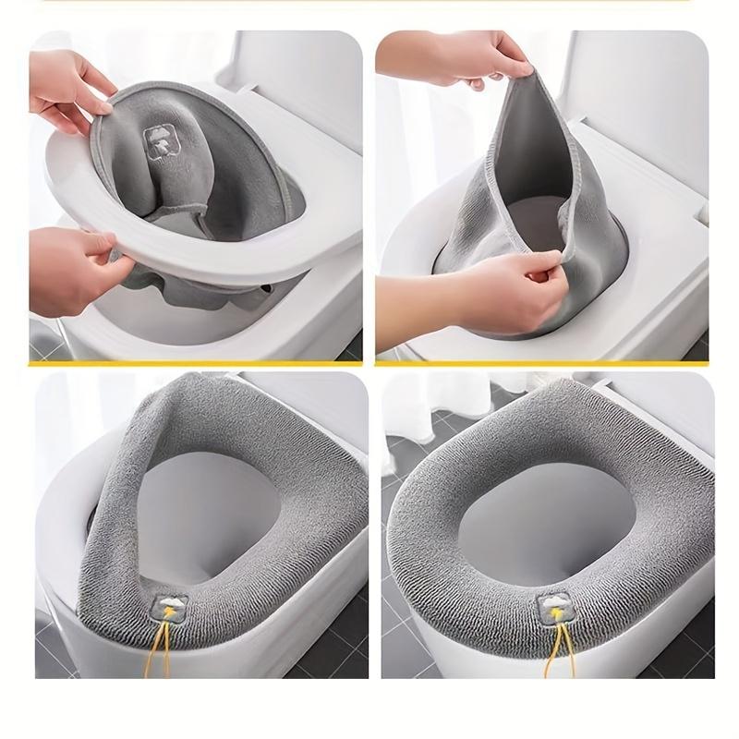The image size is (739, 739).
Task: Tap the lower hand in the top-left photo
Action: [69, 268]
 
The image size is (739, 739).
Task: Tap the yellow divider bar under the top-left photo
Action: [194, 364]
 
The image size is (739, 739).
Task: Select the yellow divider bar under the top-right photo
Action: [545, 364]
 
